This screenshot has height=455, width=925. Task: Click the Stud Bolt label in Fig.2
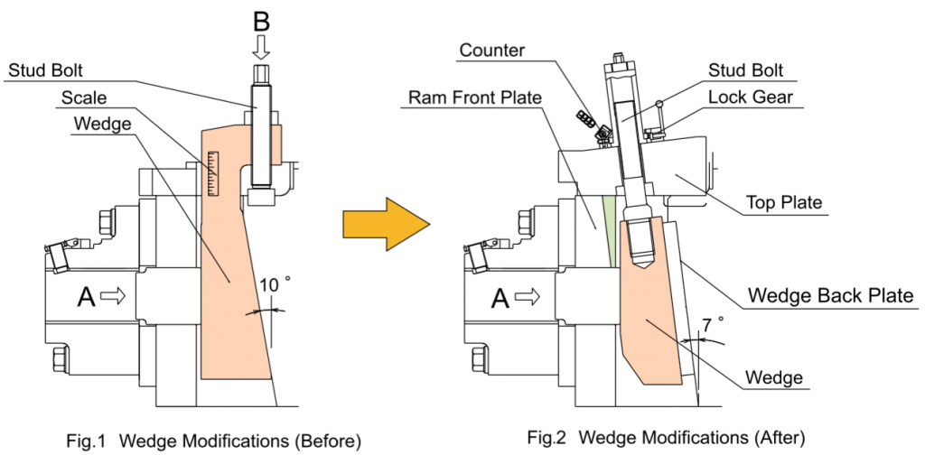tap(745, 70)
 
